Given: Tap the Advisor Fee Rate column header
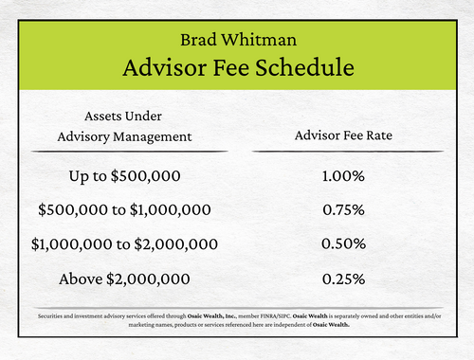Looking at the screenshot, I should (343, 135).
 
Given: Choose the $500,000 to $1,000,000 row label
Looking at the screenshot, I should (123, 209).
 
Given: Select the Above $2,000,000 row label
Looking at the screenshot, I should (124, 279).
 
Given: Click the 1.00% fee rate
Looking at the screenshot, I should (343, 176).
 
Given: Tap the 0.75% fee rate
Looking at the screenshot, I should (343, 209).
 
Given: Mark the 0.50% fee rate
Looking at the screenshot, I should (343, 243).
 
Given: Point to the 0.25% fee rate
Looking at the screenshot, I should (343, 279).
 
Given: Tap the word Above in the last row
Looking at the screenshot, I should (81, 279).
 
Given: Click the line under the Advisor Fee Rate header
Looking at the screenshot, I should (343, 152).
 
